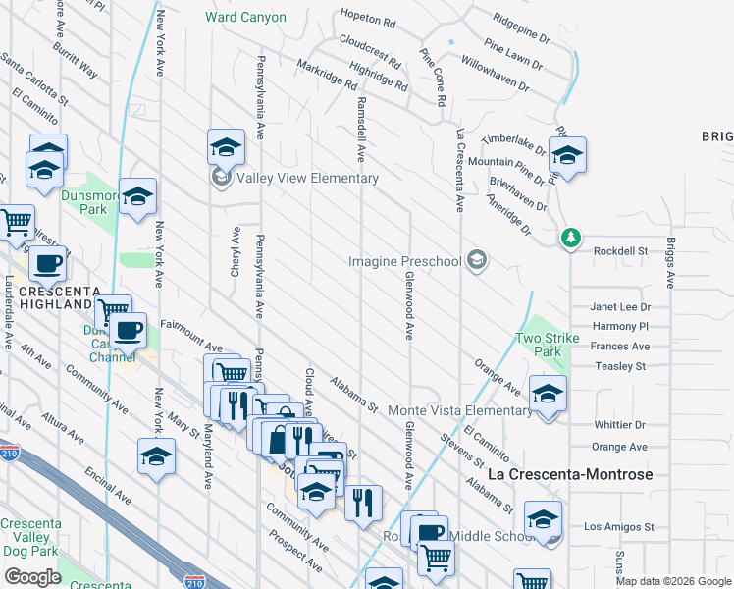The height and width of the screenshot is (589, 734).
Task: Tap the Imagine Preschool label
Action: coord(405,261)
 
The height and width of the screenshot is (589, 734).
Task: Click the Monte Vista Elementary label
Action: coord(460,409)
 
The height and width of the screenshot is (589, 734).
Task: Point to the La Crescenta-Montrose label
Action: coord(570,475)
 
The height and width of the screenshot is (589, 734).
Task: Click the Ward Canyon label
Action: coord(245,17)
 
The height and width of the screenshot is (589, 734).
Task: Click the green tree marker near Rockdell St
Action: coord(570,238)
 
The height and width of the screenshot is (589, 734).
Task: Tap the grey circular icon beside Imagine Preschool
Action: coord(477,260)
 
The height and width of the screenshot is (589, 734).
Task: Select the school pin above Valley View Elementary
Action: coord(226,147)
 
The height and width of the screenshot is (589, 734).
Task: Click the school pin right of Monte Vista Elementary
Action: coord(548,394)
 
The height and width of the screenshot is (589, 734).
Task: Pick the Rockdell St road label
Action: coord(621,251)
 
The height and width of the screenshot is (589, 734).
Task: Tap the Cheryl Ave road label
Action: coord(236,252)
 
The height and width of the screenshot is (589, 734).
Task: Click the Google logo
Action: coord(32,576)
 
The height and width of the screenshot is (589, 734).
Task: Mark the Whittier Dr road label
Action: coord(620,425)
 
